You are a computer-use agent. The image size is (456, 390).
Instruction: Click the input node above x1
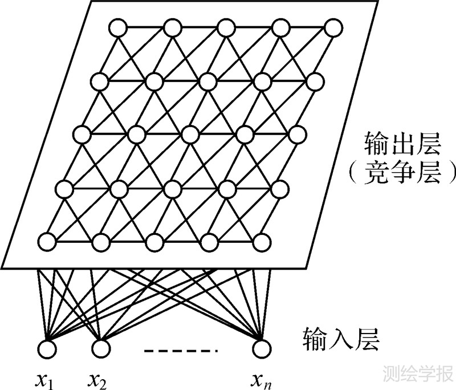tap(48, 347)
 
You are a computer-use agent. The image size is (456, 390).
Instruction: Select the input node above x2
tap(101, 347)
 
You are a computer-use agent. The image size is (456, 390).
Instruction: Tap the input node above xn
tap(261, 347)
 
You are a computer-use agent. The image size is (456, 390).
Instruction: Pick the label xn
tap(261, 377)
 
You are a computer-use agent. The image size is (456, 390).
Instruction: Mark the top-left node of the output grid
tap(119, 27)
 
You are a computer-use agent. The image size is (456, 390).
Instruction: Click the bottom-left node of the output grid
tap(48, 242)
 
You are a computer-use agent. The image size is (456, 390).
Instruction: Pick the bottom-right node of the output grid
tap(262, 242)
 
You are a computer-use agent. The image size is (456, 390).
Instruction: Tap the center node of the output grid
tap(190, 135)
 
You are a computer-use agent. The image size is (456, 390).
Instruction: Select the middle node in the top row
tap(226, 27)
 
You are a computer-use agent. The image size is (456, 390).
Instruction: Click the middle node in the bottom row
tap(154, 242)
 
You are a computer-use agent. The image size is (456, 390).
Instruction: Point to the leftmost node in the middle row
tap(83, 135)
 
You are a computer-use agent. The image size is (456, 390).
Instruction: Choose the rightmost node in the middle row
tap(297, 135)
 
